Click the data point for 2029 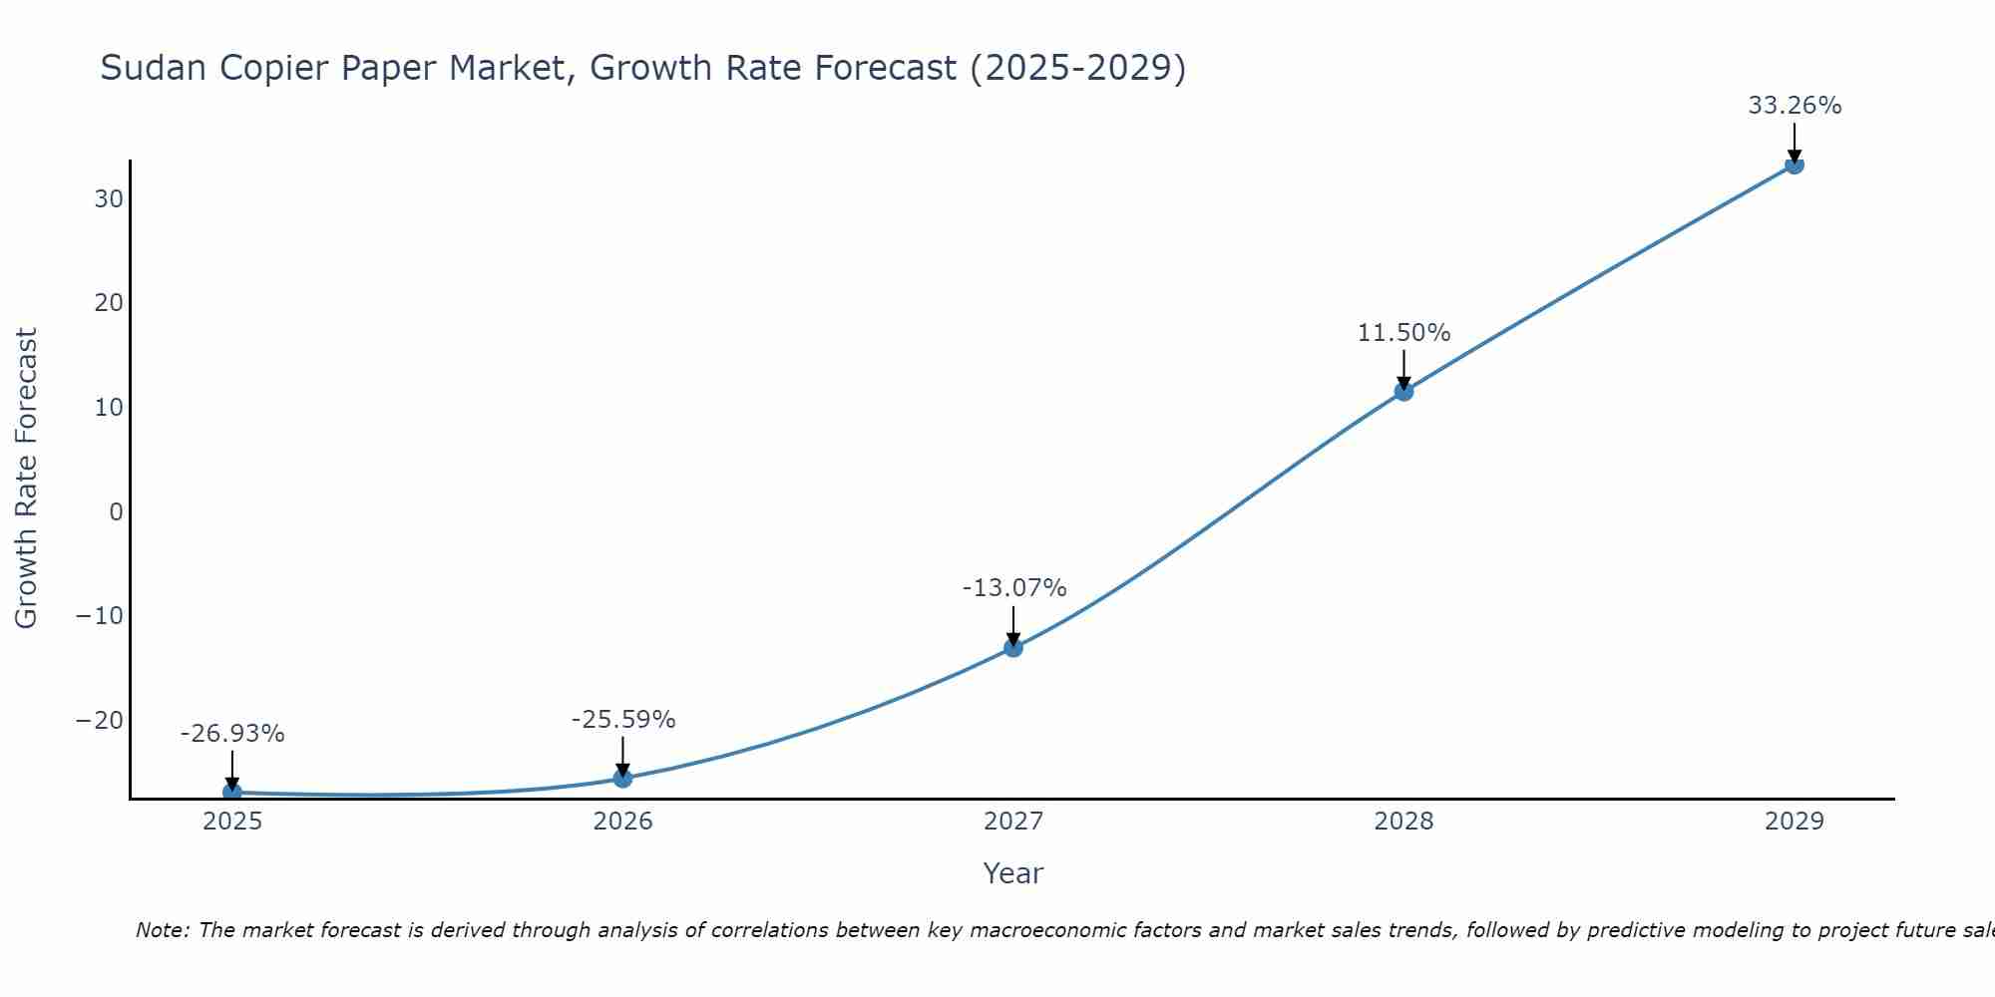tap(1794, 165)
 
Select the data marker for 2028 tap(1403, 392)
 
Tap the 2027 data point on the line tap(1013, 648)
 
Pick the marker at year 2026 tap(622, 778)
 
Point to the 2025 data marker tap(232, 792)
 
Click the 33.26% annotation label tap(1794, 106)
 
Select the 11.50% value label tap(1403, 333)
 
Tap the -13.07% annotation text tap(1013, 588)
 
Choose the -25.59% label tap(622, 720)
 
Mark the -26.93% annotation tap(232, 734)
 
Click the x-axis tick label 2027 tap(1013, 822)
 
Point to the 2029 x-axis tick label tap(1794, 822)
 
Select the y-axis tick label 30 tap(109, 199)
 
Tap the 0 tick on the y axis tap(117, 512)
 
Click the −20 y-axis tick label tap(100, 721)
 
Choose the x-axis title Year tap(1013, 873)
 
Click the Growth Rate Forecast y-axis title tap(27, 479)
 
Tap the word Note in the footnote tap(161, 930)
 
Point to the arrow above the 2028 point tap(1403, 369)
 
